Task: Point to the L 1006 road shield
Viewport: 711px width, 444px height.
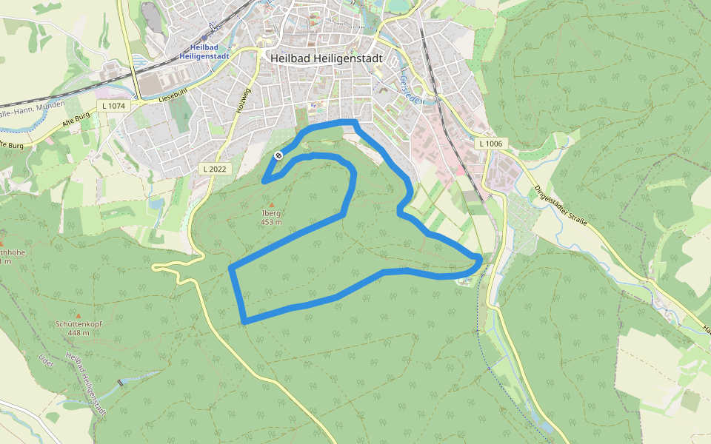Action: coord(490,143)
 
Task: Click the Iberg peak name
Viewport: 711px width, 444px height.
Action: coord(271,213)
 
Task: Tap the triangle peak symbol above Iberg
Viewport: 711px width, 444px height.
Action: coord(271,205)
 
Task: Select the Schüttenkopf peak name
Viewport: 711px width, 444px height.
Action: coord(78,324)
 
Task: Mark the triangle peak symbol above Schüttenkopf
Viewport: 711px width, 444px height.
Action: coord(78,316)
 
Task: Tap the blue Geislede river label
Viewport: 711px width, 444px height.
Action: coord(404,84)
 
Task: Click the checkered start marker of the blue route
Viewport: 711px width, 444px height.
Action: coord(278,155)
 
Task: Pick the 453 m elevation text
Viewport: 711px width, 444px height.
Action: coord(271,222)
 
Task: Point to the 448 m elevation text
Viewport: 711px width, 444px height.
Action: coord(78,333)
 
